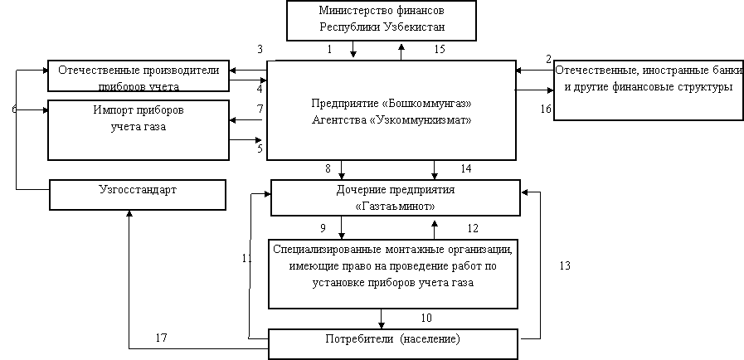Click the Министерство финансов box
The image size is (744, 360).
(x=382, y=21)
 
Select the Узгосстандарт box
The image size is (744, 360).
(x=138, y=194)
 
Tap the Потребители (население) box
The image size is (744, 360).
(x=393, y=344)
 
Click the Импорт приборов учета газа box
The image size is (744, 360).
(x=139, y=130)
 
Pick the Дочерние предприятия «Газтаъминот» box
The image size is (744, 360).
(x=396, y=197)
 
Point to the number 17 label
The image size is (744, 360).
(x=162, y=338)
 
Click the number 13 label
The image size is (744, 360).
(x=565, y=265)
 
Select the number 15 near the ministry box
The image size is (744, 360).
(x=440, y=49)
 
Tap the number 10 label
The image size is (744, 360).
(x=426, y=318)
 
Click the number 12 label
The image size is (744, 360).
(x=473, y=228)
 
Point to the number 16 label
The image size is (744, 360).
(x=546, y=109)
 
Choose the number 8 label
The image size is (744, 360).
(x=328, y=168)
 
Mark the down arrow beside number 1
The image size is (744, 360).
(x=353, y=49)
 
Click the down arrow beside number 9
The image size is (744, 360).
(x=342, y=227)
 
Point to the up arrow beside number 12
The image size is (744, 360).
(x=434, y=230)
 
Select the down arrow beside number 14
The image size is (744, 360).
(x=434, y=170)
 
